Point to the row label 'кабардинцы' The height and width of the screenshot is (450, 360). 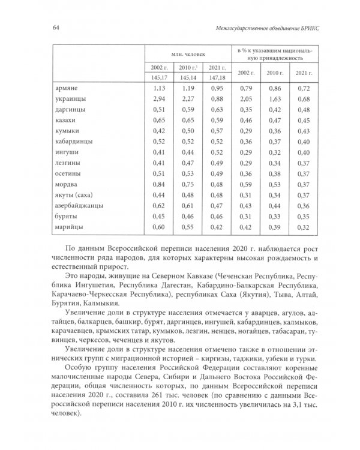point(73,142)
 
